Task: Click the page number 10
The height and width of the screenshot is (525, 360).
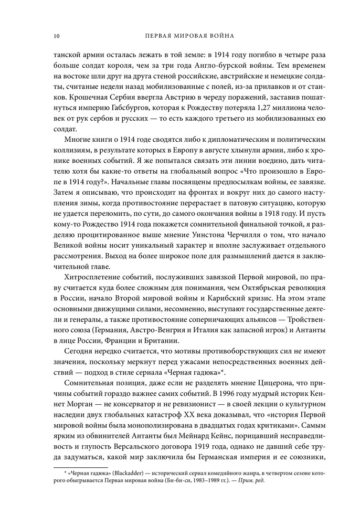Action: (x=56, y=36)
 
